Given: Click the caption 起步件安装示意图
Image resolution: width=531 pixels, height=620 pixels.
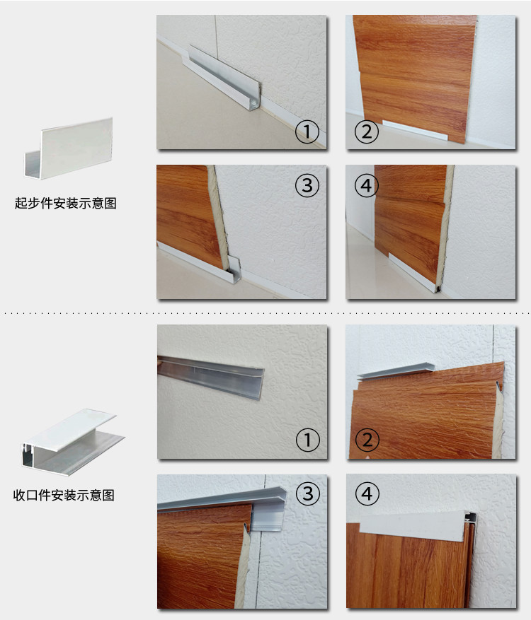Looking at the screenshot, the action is pos(65,203).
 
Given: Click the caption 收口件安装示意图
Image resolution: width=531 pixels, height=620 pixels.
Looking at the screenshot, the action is pos(64,495).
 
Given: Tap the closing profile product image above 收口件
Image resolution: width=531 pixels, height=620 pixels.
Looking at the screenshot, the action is pos(72,442).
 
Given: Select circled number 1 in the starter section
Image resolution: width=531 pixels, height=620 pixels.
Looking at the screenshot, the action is pos(307,131).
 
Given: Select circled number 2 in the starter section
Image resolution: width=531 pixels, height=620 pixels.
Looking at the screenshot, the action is pos(366,131).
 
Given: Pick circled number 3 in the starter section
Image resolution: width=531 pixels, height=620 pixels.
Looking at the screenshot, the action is pos(307,185).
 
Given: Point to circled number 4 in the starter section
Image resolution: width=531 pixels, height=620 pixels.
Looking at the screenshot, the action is pos(366,185).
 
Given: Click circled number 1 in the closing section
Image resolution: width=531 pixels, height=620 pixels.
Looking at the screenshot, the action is pos(308,440).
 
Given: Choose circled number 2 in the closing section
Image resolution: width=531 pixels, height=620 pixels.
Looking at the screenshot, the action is pos(367,440).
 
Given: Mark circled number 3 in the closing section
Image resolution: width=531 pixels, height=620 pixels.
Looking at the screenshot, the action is pos(308,493).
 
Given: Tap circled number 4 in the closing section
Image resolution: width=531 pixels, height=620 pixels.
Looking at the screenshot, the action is pos(367,493).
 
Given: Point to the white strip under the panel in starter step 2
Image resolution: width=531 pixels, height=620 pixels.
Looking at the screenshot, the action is pos(415,129).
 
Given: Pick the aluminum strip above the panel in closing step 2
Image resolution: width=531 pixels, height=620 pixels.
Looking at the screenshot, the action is pos(396,371).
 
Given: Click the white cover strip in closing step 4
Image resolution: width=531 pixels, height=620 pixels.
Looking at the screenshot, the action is pos(412,527).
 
